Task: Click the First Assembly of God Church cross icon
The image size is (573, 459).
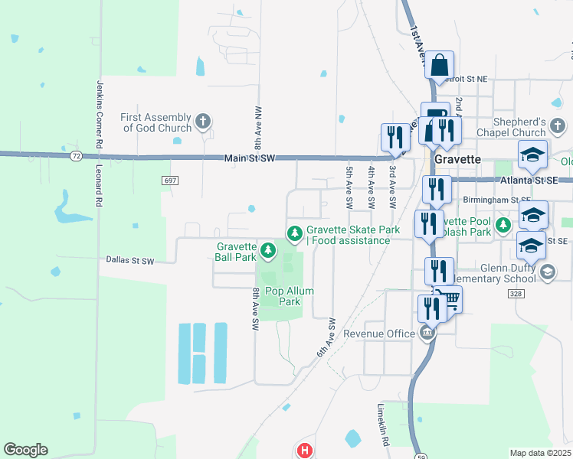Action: pyautogui.click(x=203, y=120)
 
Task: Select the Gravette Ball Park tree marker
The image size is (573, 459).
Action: pyautogui.click(x=267, y=249)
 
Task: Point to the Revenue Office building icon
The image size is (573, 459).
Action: pyautogui.click(x=427, y=333)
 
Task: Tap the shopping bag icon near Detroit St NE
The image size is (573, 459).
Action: pyautogui.click(x=440, y=67)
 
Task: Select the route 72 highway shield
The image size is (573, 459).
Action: pyautogui.click(x=75, y=156)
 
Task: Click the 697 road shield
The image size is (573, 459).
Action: pyautogui.click(x=170, y=180)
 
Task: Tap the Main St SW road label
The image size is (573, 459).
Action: pyautogui.click(x=250, y=158)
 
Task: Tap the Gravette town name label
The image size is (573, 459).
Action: pyautogui.click(x=457, y=159)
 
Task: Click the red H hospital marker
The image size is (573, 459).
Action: pyautogui.click(x=305, y=451)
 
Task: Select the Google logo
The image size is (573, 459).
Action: pyautogui.click(x=25, y=450)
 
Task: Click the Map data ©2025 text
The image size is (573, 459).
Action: pyautogui.click(x=540, y=453)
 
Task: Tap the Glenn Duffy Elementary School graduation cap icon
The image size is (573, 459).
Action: pyautogui.click(x=548, y=272)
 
